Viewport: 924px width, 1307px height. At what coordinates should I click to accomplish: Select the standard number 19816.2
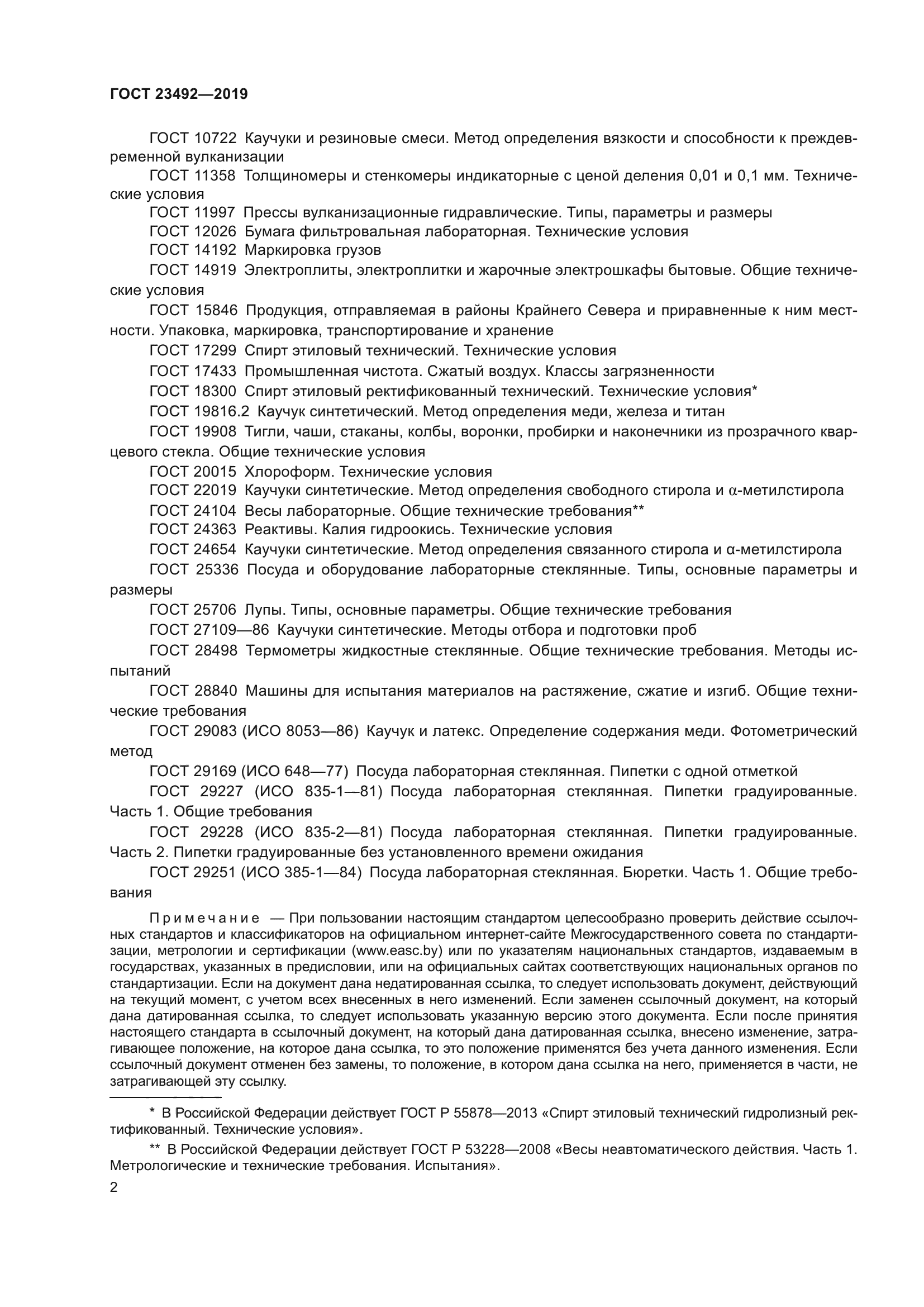(221, 411)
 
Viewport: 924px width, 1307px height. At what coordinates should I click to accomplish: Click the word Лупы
(264, 610)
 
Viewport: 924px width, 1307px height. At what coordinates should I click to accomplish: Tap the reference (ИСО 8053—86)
(301, 731)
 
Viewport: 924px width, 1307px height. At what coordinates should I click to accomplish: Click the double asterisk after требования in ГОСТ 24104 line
(639, 509)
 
